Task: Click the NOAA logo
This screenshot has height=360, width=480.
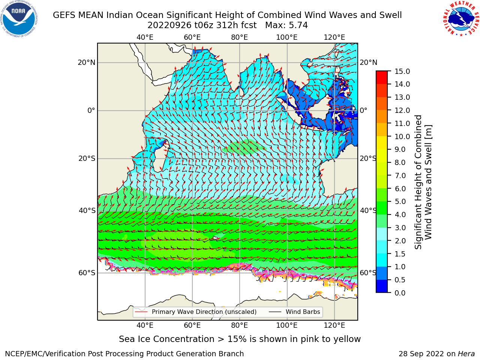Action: point(19,19)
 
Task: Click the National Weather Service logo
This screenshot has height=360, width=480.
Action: point(460,19)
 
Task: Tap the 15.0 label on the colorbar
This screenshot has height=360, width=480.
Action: point(402,72)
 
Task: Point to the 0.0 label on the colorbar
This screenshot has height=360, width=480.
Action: point(400,293)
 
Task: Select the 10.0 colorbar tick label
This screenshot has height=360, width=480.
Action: point(402,136)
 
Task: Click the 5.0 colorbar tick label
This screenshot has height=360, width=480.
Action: point(400,201)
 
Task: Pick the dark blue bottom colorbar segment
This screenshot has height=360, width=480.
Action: point(382,286)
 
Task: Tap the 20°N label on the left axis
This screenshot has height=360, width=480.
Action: point(87,63)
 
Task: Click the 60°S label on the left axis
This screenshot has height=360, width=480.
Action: point(87,273)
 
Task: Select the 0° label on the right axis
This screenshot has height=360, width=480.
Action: point(364,110)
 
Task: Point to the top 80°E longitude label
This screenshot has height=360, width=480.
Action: point(240,37)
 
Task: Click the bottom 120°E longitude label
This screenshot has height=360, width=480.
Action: point(334,325)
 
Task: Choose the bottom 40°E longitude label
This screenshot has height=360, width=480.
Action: point(145,325)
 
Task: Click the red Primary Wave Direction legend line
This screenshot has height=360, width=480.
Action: point(141,312)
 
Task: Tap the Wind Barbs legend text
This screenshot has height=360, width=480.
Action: point(303,312)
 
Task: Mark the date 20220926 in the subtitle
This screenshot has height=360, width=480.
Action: point(169,25)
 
